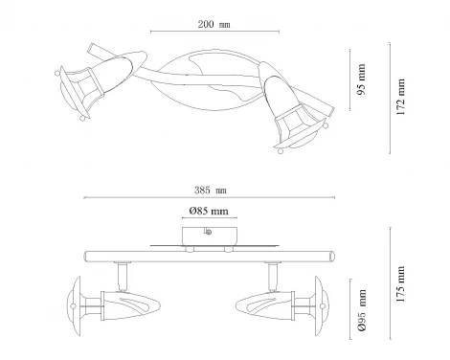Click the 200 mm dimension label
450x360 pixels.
[214, 25]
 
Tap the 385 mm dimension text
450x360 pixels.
[211, 191]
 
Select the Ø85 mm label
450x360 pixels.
[209, 211]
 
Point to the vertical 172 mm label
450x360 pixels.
[400, 97]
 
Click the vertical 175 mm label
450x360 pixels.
[400, 284]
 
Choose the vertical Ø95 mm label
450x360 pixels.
[362, 310]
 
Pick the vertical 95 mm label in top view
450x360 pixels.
[361, 79]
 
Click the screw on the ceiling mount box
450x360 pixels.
[209, 232]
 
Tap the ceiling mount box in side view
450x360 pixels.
[210, 236]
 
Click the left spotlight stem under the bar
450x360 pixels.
[122, 277]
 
